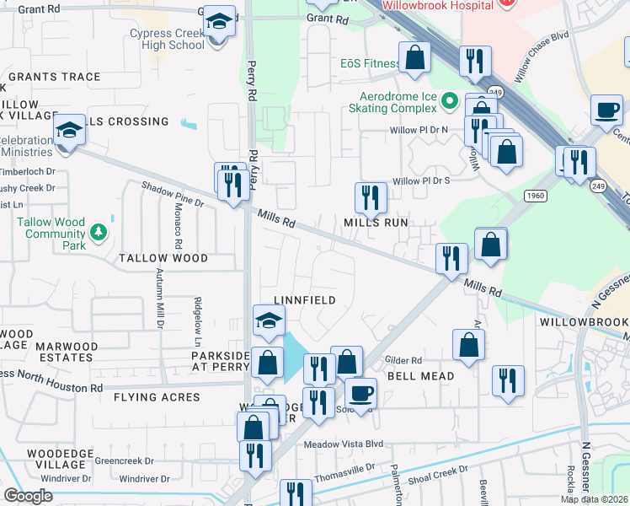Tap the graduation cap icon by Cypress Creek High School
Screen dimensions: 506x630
pyautogui.click(x=220, y=22)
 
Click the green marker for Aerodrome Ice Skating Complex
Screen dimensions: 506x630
pyautogui.click(x=450, y=102)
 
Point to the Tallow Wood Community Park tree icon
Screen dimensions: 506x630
pyautogui.click(x=99, y=230)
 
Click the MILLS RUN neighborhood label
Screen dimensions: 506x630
pyautogui.click(x=375, y=223)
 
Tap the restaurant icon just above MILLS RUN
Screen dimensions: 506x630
pyautogui.click(x=370, y=197)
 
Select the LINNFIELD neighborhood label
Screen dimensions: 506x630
pyautogui.click(x=305, y=300)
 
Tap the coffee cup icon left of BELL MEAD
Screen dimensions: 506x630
pyautogui.click(x=360, y=392)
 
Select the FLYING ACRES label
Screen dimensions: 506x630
pyautogui.click(x=159, y=397)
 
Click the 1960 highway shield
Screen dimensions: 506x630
pyautogui.click(x=535, y=195)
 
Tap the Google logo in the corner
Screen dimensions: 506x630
pyautogui.click(x=28, y=496)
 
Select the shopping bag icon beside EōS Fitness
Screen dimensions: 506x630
pyautogui.click(x=415, y=57)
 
